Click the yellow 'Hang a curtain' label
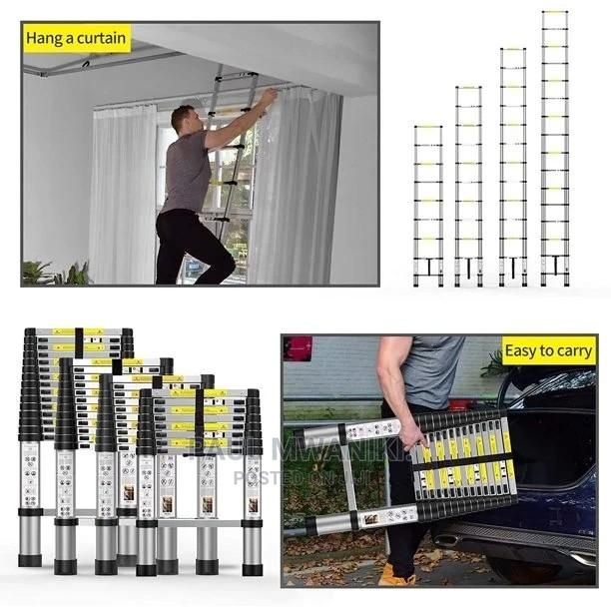(78, 40)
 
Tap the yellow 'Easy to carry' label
(548, 351)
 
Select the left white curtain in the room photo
(122, 194)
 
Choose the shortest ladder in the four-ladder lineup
(428, 206)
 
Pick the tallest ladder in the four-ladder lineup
(555, 150)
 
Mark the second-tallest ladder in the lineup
(512, 167)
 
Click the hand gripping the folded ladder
(410, 434)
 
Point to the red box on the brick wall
(298, 348)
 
